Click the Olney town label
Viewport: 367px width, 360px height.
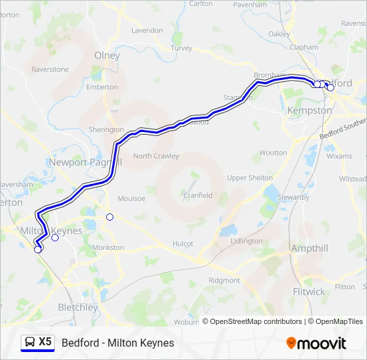tap(107, 55)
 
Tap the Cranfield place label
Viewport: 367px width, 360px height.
tap(199, 195)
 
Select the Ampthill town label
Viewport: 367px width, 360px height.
tap(310, 249)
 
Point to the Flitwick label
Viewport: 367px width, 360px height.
tap(309, 291)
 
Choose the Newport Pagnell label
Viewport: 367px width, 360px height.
tap(85, 162)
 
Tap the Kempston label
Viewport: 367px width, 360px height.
tap(309, 110)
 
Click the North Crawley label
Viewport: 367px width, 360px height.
tap(156, 156)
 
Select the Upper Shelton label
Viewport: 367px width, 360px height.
tap(250, 177)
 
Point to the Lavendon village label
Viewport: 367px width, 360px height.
tap(147, 31)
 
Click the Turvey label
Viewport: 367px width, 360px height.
tap(181, 48)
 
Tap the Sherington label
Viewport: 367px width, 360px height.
tap(106, 130)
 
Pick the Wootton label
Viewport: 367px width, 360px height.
tap(273, 153)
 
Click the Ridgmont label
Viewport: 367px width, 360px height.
tap(224, 281)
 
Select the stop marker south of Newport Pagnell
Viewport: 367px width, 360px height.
tap(110, 217)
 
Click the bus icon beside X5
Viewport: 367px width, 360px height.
tap(30, 342)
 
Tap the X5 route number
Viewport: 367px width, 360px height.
tap(45, 342)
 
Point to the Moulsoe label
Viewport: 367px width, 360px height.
tap(131, 199)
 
